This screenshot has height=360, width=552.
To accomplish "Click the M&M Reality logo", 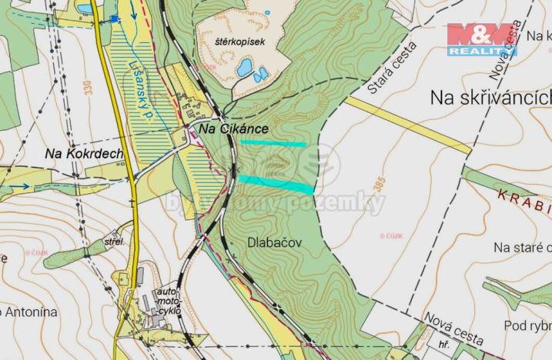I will coord(482,38).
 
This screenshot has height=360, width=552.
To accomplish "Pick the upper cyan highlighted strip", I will coord(273,143).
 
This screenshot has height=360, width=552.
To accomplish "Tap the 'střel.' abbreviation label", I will coord(114,242).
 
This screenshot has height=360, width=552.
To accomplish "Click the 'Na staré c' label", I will coord(522,247).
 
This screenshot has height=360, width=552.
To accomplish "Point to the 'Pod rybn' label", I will coord(527,325).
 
